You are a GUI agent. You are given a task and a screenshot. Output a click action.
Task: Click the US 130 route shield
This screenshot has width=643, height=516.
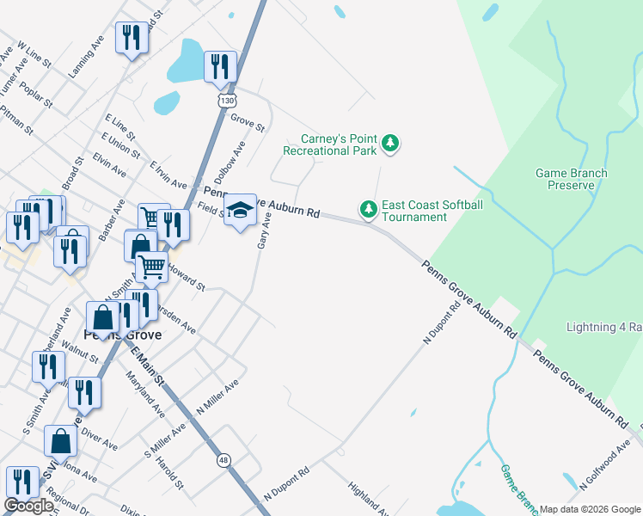[x=226, y=101]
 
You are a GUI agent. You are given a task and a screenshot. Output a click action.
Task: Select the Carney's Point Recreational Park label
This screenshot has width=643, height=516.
[x=339, y=144]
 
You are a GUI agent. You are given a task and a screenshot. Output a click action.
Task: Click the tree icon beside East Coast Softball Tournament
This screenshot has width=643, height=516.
[x=369, y=209]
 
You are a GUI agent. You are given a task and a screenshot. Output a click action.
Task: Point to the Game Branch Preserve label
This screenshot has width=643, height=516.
[x=571, y=179]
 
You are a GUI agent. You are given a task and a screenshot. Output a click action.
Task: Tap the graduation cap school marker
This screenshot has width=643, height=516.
[x=241, y=210]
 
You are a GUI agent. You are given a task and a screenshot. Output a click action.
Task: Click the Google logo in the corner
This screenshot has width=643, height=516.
[x=28, y=506]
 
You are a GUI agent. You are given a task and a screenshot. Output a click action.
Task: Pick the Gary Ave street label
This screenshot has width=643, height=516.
[x=266, y=232]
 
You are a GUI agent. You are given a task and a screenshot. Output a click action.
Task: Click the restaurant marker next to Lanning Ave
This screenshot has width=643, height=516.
[x=131, y=37]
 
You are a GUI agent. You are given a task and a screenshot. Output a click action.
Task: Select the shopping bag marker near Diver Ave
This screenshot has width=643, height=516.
[x=61, y=441]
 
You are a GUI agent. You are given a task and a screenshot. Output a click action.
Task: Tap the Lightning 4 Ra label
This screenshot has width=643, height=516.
[x=603, y=328]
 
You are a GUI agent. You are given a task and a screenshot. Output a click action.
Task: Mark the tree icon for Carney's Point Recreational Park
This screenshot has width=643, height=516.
[x=391, y=143]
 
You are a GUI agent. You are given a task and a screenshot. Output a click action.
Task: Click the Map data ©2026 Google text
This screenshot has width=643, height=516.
[x=590, y=509]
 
